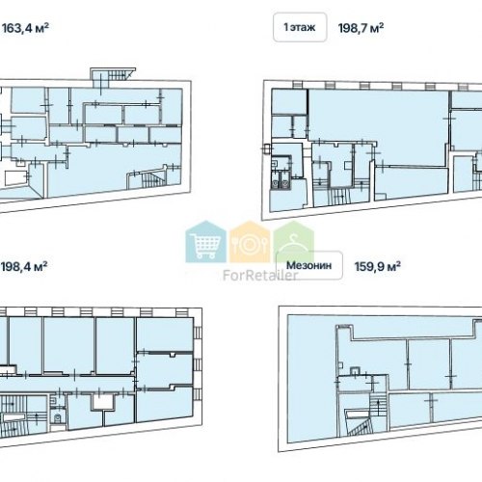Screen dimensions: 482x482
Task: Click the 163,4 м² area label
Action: [x=25, y=28]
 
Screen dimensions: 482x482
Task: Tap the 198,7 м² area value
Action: [x=361, y=28]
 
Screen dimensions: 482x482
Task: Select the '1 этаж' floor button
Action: [x=300, y=27]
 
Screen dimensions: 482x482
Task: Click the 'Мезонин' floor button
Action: [x=309, y=265]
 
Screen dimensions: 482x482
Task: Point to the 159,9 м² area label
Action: [x=378, y=266]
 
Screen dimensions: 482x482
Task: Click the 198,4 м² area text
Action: [x=24, y=266]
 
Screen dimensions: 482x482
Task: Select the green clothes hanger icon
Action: [x=292, y=242]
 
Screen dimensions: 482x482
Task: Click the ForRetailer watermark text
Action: [x=260, y=276]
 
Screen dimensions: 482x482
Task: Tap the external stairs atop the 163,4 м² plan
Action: [x=117, y=76]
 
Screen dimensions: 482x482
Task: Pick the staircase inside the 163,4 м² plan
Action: [x=151, y=180]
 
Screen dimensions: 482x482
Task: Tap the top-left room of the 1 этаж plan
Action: [x=289, y=101]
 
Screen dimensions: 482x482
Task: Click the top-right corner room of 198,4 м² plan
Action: [x=165, y=335]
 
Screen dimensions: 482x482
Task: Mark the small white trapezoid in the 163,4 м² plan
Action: [x=15, y=177]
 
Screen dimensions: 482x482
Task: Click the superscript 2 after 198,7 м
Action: [x=381, y=25]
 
